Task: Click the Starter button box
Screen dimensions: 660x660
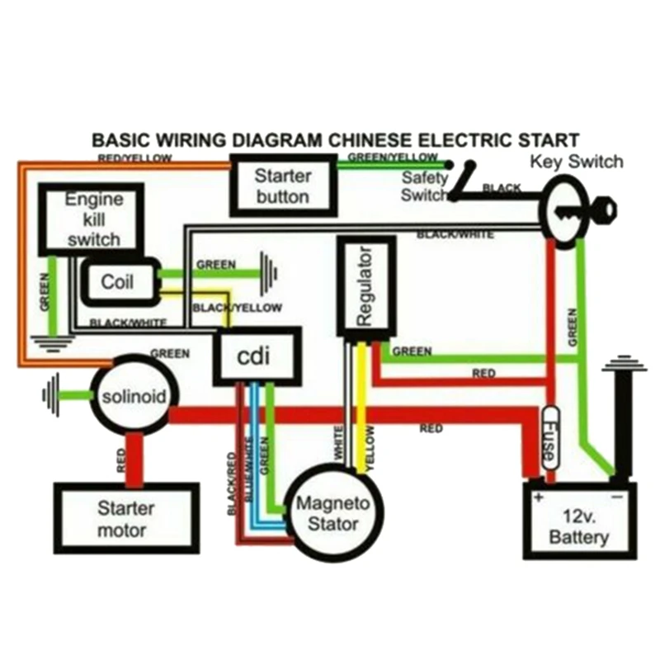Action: [282, 186]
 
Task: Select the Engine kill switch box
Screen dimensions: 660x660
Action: [92, 219]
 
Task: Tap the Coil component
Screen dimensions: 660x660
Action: [117, 282]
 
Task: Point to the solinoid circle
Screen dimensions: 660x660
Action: [134, 397]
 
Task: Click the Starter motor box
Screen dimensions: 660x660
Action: [125, 518]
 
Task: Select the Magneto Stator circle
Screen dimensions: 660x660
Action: [327, 513]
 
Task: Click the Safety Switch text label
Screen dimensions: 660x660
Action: [424, 186]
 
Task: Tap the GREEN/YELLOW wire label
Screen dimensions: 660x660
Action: [393, 157]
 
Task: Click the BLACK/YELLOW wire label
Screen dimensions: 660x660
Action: [237, 308]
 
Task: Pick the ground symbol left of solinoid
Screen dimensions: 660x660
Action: [52, 395]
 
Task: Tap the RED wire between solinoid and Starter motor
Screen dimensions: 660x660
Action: [131, 458]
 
